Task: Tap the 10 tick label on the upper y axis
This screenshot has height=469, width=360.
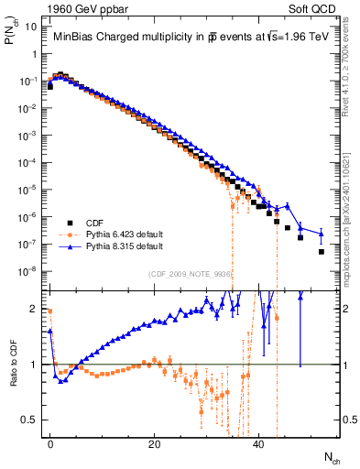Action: click(31, 27)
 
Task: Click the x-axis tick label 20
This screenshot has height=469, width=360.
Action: click(155, 443)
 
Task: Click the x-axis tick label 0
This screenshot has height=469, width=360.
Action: click(50, 443)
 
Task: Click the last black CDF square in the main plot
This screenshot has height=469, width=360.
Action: click(321, 252)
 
